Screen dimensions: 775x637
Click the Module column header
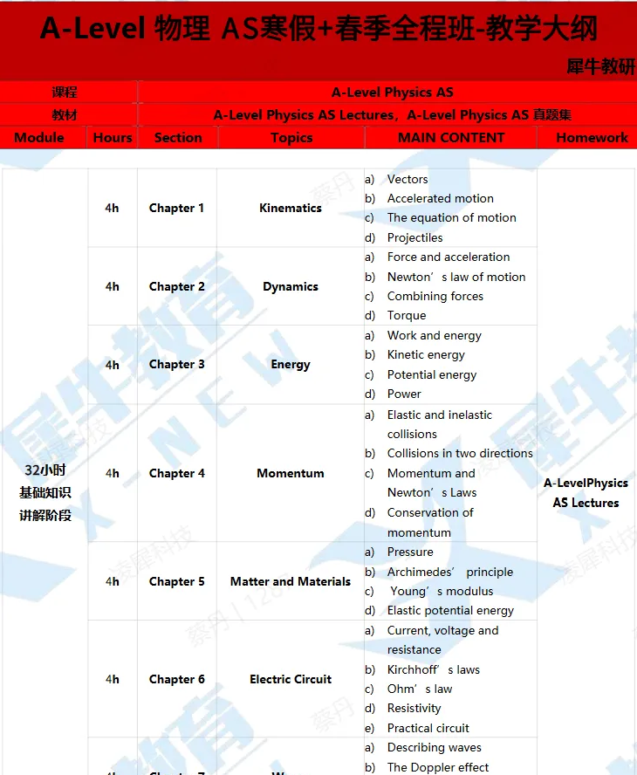pos(39,138)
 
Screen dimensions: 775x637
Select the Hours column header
pos(113,138)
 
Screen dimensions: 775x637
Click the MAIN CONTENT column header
pos(450,138)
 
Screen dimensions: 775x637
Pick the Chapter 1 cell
pos(176,208)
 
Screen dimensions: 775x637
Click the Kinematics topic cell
pos(291,208)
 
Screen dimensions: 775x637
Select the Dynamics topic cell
pos(291,286)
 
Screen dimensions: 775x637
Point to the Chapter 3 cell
pos(176,364)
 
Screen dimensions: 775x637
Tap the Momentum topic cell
pos(291,473)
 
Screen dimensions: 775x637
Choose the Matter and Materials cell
pos(291,581)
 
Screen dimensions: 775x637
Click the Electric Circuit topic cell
pos(291,679)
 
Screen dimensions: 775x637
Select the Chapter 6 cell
pos(176,679)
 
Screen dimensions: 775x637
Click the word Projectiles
pos(414,237)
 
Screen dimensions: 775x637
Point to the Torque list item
pos(407,315)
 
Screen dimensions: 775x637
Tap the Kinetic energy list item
pos(426,354)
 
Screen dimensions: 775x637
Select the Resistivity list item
pos(414,708)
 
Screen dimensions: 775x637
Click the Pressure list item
pos(410,552)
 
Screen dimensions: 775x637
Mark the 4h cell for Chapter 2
pos(113,286)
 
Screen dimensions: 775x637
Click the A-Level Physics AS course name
pos(392,92)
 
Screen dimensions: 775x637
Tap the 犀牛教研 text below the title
pos(601,67)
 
